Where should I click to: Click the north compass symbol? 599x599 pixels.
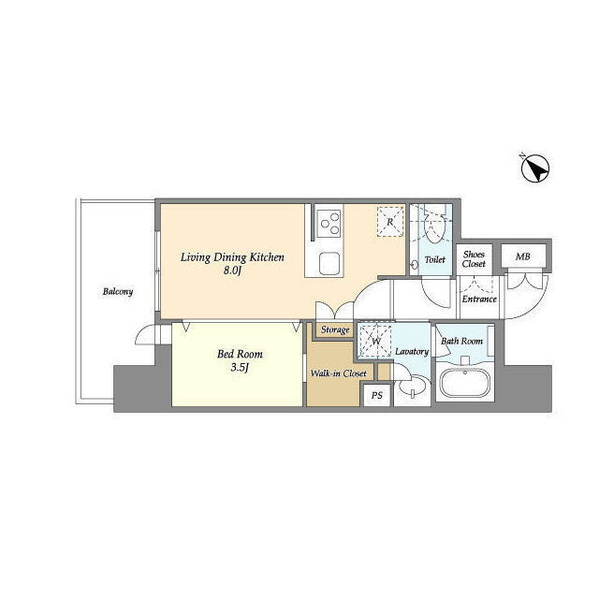[534, 168]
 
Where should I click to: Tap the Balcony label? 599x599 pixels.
[118, 292]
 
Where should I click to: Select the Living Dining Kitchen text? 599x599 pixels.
[232, 257]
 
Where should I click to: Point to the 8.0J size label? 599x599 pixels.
[233, 270]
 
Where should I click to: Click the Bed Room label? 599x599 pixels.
[240, 354]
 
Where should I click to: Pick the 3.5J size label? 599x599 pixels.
[240, 368]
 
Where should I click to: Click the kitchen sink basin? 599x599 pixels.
[329, 264]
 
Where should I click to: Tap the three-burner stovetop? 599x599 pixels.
[329, 224]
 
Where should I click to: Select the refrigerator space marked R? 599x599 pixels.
[390, 222]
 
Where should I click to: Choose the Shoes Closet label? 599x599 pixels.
[474, 259]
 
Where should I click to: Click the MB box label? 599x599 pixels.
[523, 256]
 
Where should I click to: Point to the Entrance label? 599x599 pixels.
[479, 299]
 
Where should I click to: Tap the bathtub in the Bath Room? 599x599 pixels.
[465, 383]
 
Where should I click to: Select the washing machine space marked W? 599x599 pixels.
[376, 341]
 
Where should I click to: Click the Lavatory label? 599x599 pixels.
[412, 352]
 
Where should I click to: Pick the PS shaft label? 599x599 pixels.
[377, 395]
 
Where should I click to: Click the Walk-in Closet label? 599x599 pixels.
[339, 373]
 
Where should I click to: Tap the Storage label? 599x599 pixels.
[335, 329]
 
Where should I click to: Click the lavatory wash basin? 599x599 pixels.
[413, 387]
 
